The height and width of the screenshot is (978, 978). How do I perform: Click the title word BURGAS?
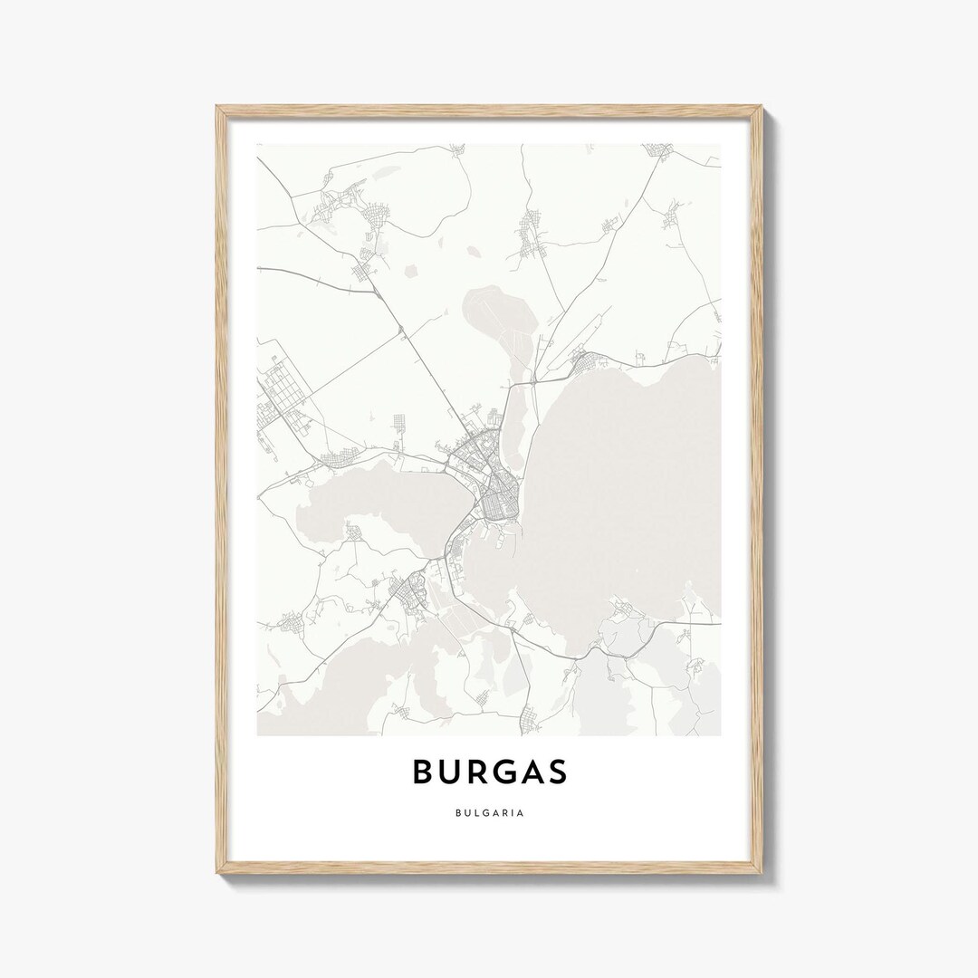[x=490, y=771]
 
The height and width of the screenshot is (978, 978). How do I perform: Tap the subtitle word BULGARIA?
[x=490, y=812]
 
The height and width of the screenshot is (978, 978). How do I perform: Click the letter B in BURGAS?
[x=423, y=771]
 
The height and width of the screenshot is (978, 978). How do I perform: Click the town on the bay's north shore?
[x=593, y=364]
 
